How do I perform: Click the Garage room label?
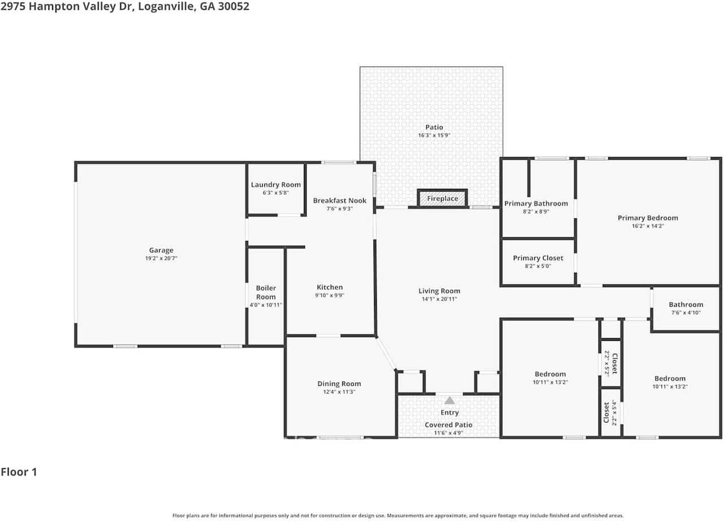click(x=161, y=250)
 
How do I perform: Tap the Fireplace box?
click(x=442, y=198)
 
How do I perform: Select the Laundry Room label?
click(x=275, y=185)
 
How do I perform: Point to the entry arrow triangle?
click(x=449, y=400)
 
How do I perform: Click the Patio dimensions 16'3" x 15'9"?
click(x=434, y=135)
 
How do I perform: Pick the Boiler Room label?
click(x=266, y=292)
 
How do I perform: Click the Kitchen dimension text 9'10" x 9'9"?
click(x=330, y=296)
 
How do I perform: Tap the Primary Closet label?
click(x=538, y=258)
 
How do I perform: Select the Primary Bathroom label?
click(x=536, y=203)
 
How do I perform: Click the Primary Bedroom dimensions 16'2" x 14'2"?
click(x=648, y=226)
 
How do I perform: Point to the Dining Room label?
click(x=339, y=384)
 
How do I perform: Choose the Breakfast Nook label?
click(x=339, y=200)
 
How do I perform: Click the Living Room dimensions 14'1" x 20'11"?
click(x=439, y=299)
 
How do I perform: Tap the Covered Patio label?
click(x=449, y=425)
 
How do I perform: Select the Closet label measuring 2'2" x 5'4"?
click(x=606, y=412)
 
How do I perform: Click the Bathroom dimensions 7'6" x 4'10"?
click(x=686, y=313)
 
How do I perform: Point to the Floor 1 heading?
click(x=19, y=472)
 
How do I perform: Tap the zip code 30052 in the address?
click(x=234, y=6)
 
